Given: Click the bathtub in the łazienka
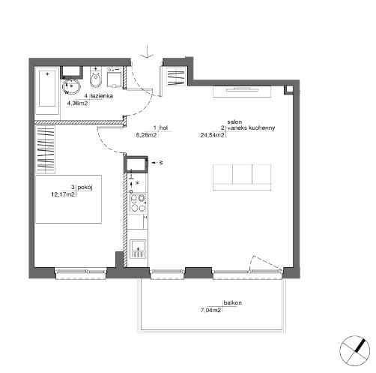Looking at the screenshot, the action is click(47, 92).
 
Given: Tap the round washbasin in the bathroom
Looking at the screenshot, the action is click(71, 86).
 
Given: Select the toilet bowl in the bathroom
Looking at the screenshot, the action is click(96, 78).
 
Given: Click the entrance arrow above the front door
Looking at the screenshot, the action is click(147, 52).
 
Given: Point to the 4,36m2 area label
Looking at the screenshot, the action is click(77, 103).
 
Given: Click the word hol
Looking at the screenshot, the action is click(163, 128).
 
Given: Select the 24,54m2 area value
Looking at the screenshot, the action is click(212, 135).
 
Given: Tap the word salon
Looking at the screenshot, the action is click(234, 122).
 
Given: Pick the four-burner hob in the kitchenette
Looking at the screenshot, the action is click(138, 203).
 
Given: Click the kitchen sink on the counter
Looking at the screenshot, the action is click(138, 249).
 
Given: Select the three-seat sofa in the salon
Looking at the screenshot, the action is click(242, 177).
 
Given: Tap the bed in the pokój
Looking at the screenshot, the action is click(68, 199).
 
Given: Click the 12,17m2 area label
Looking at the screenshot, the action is click(63, 194).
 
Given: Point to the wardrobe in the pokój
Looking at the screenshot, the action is click(45, 149).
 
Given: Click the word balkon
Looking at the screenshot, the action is click(233, 303).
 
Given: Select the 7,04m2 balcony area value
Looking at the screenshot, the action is click(210, 311).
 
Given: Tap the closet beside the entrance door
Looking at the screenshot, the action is click(176, 77).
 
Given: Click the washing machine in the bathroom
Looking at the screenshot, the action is click(115, 77).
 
